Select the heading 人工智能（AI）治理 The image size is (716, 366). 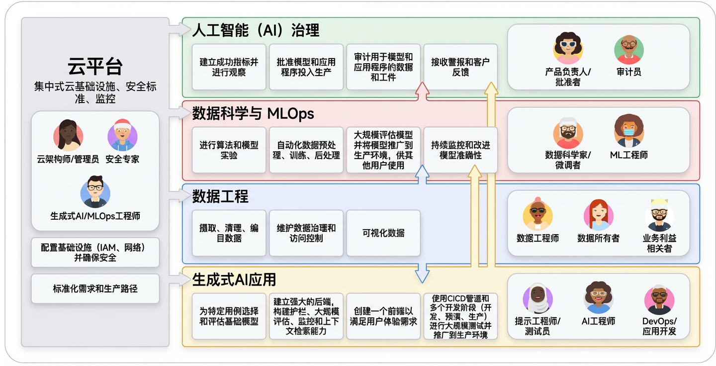[x=256, y=30]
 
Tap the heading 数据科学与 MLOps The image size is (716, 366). [x=253, y=113]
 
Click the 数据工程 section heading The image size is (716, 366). [x=220, y=196]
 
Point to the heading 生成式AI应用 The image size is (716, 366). [x=234, y=279]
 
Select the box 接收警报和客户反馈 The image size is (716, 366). [x=460, y=67]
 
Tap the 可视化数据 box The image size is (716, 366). [x=383, y=233]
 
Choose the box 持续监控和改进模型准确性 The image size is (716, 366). [x=460, y=150]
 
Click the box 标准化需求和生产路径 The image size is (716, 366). [x=95, y=288]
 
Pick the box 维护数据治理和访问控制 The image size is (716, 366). [x=306, y=233]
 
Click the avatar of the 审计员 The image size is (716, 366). [x=628, y=50]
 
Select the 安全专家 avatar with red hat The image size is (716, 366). [x=122, y=135]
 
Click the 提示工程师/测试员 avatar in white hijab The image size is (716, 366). [x=537, y=298]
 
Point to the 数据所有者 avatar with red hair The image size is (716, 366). [x=598, y=215]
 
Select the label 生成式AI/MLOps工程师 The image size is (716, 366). [x=95, y=216]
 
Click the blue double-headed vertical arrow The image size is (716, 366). [x=422, y=224]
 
